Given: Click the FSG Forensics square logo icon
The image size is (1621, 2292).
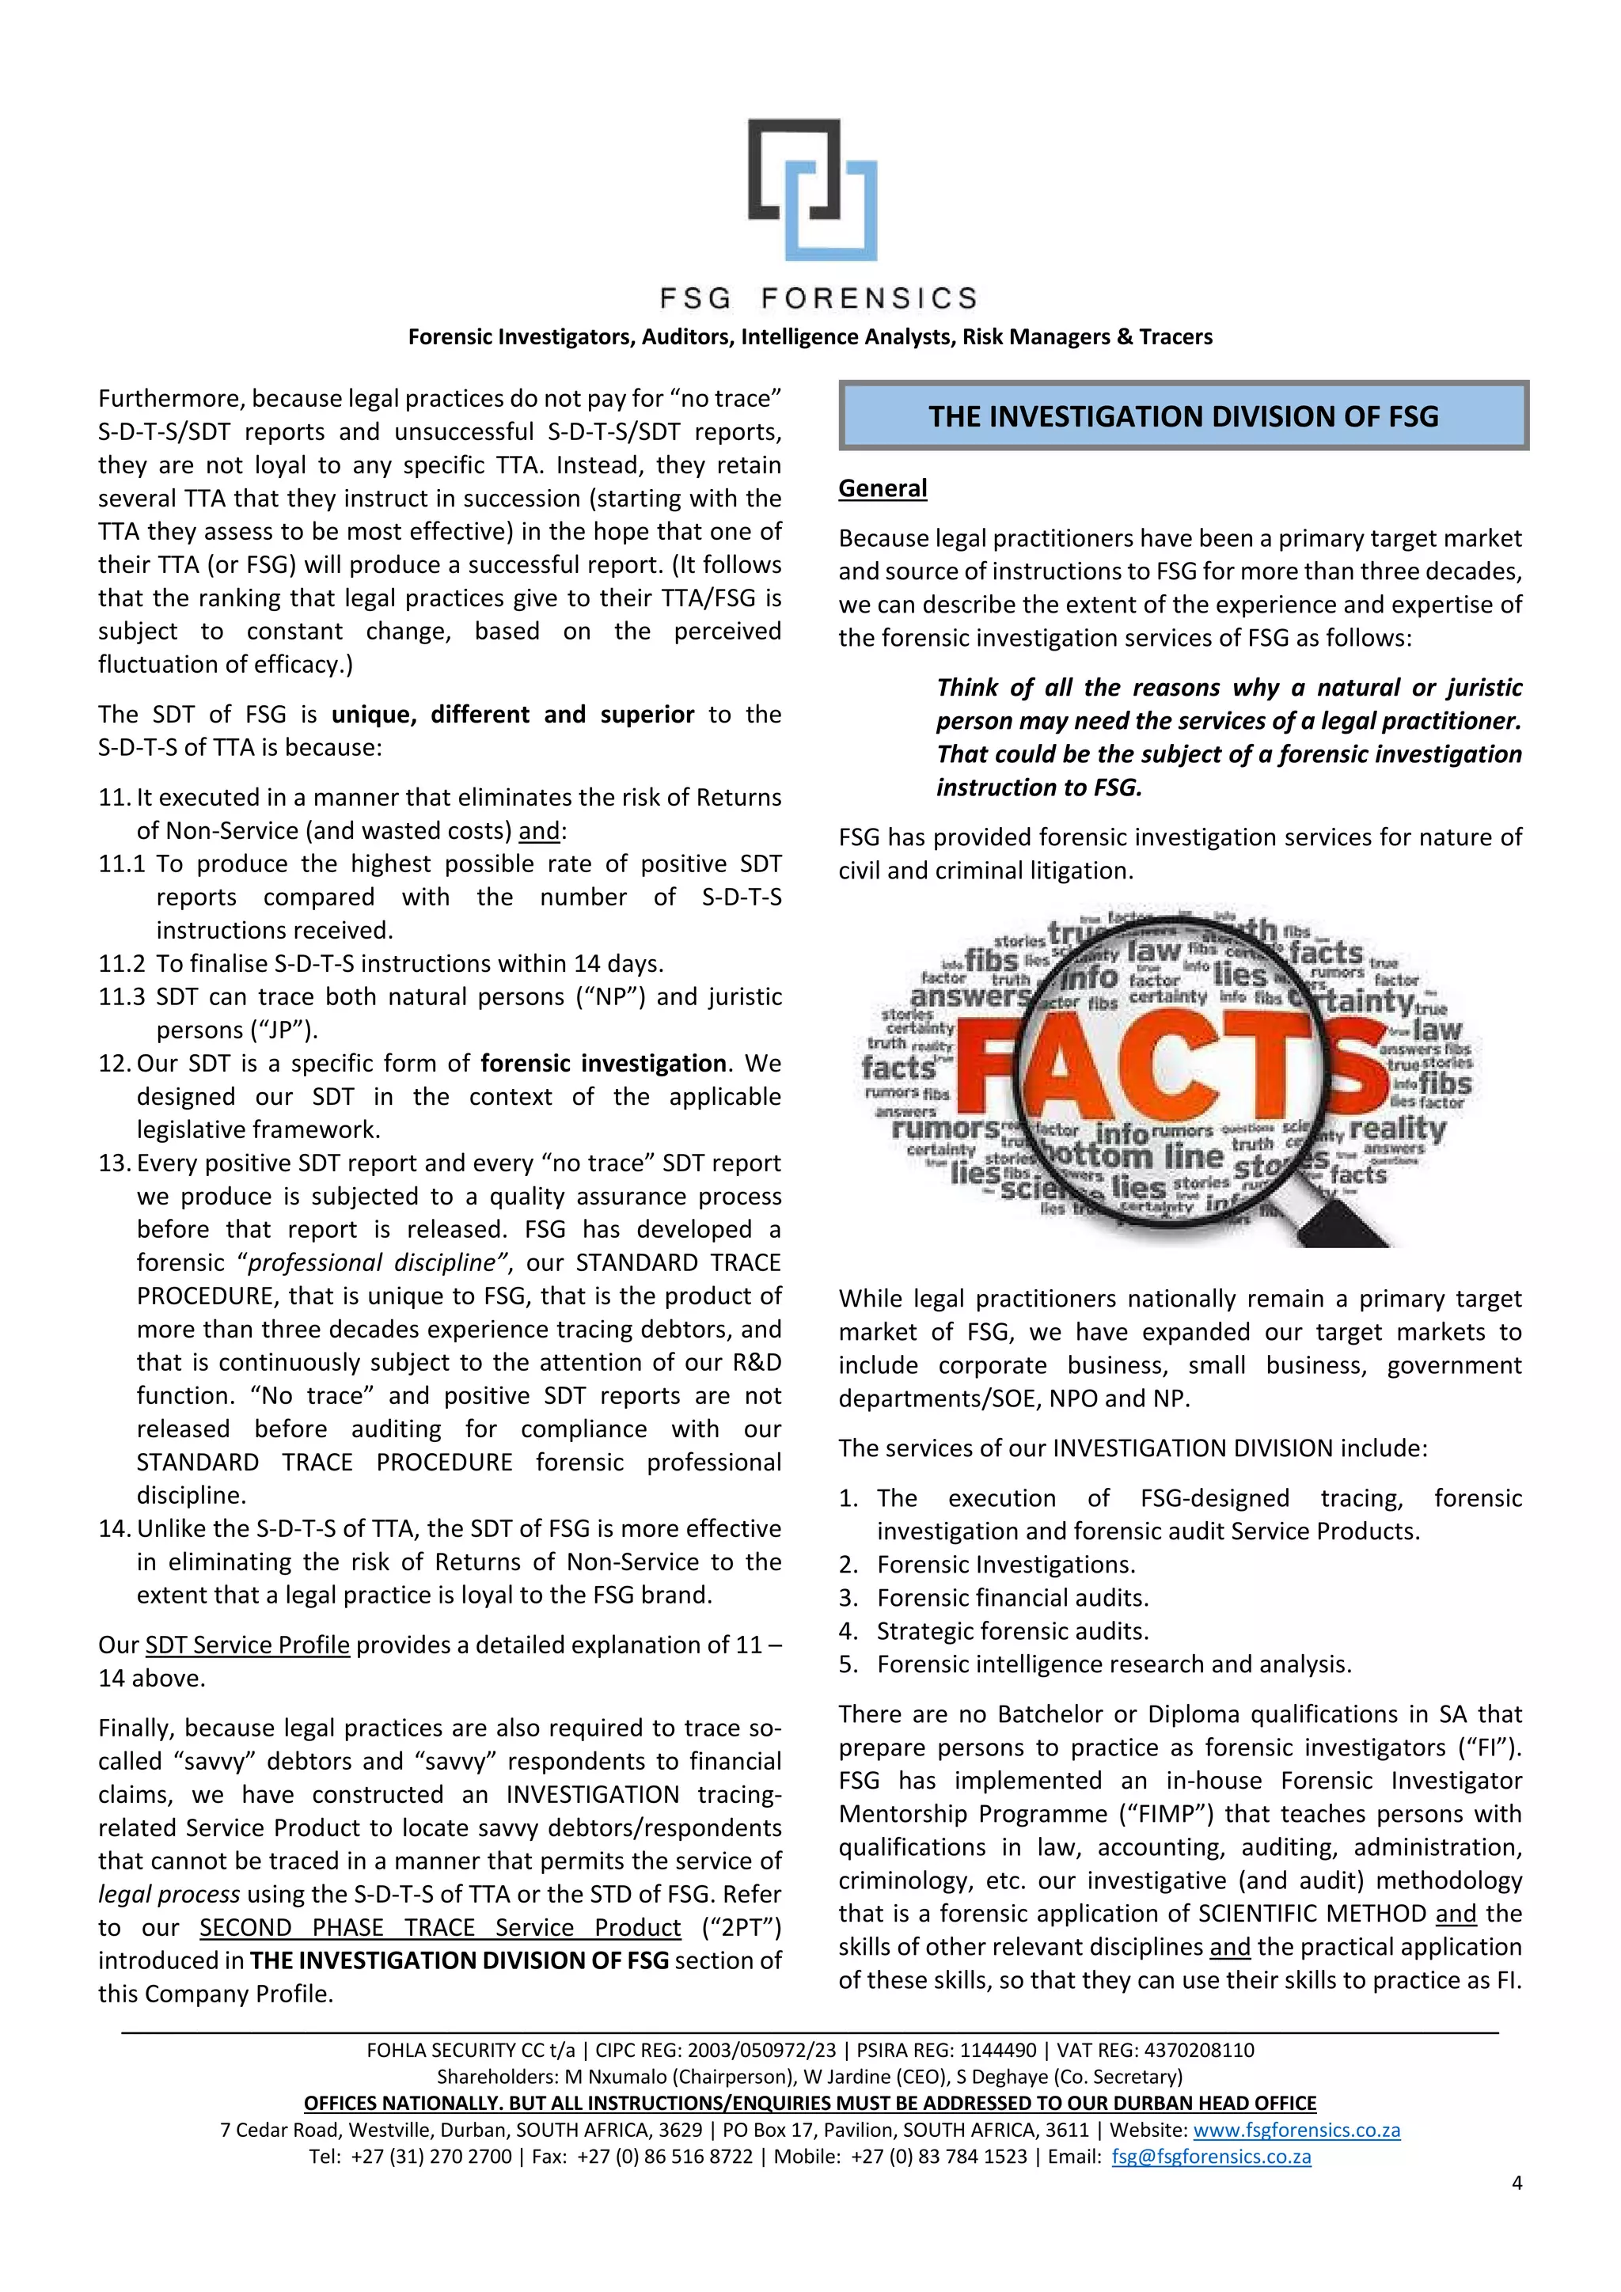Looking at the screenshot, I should pyautogui.click(x=814, y=190).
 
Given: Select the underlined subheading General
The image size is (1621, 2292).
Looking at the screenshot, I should pyautogui.click(x=883, y=488).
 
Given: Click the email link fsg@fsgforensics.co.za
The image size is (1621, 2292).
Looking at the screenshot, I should pyautogui.click(x=1211, y=2156).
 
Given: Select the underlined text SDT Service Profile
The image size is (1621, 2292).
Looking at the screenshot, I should pyautogui.click(x=248, y=1645).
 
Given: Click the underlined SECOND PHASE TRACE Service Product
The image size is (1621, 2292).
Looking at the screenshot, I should pyautogui.click(x=439, y=1928).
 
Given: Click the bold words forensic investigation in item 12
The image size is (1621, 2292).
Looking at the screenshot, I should pyautogui.click(x=603, y=1063).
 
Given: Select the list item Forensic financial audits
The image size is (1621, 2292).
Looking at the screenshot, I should pyautogui.click(x=1012, y=1598).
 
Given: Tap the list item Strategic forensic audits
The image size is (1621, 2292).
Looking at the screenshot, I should pyautogui.click(x=1012, y=1631).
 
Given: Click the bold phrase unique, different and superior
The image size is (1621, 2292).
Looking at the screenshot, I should pyautogui.click(x=512, y=715).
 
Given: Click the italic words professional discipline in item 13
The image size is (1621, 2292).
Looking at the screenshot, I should pyautogui.click(x=370, y=1263).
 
